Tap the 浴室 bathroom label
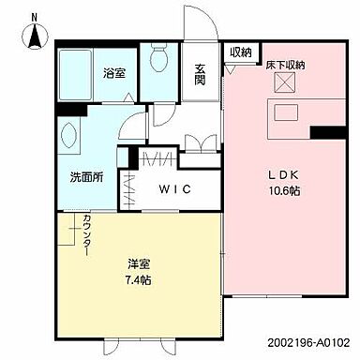(x=114, y=71)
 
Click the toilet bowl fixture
(x=158, y=62)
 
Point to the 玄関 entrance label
(x=201, y=73)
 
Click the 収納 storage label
(x=240, y=52)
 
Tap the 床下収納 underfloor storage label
(x=286, y=65)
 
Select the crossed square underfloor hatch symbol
(x=285, y=83)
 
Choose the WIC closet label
(x=174, y=189)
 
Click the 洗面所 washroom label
(x=85, y=178)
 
